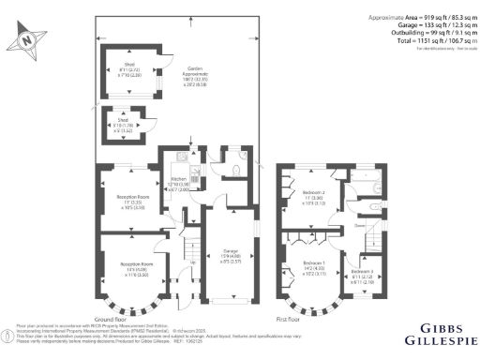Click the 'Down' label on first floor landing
[359, 227]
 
